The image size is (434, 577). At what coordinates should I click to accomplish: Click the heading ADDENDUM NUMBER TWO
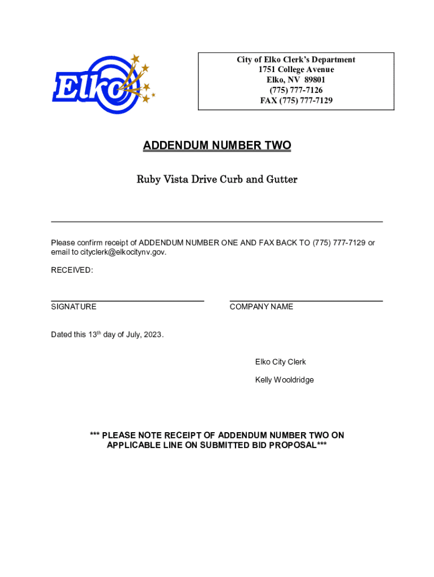click(217, 146)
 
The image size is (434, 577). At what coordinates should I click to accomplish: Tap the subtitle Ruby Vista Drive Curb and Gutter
click(217, 180)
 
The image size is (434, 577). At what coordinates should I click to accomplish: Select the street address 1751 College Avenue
click(296, 70)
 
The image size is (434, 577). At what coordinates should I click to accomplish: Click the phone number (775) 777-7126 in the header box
click(296, 90)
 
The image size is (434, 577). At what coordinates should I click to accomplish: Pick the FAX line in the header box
click(296, 100)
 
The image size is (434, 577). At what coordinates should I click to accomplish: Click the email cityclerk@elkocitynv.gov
click(119, 252)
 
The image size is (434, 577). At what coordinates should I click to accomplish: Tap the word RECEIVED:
click(72, 270)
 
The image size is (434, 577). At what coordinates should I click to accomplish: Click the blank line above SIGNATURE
click(127, 301)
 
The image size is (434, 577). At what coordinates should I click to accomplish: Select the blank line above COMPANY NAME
click(306, 301)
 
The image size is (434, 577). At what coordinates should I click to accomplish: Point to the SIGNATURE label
click(74, 307)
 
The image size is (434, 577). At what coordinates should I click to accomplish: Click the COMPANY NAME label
click(262, 307)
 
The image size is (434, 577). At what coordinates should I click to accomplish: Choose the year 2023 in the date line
click(153, 335)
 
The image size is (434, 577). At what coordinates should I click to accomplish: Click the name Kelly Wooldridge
click(284, 380)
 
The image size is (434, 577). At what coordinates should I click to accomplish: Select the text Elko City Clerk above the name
click(280, 362)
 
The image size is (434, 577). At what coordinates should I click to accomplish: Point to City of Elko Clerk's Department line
click(296, 60)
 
